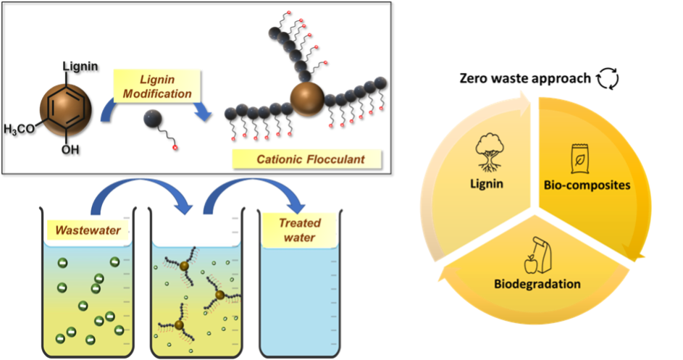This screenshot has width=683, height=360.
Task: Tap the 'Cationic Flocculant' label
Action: (x=306, y=159)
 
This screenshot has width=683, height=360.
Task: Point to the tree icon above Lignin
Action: (x=490, y=151)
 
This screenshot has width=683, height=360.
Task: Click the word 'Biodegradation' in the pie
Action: (x=537, y=283)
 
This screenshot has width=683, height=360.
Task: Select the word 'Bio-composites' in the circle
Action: (x=587, y=185)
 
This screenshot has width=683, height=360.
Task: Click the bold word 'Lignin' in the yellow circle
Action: (x=490, y=184)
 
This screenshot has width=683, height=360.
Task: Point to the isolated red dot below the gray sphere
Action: (x=175, y=148)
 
